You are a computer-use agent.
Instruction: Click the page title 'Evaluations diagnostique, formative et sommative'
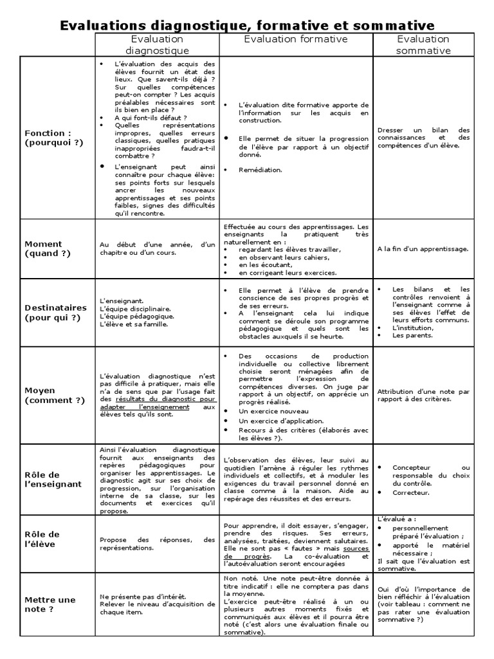click(247, 25)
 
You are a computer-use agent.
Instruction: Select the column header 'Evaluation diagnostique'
click(157, 44)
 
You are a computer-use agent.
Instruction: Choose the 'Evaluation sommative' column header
click(423, 44)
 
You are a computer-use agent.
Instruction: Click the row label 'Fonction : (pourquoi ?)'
click(54, 138)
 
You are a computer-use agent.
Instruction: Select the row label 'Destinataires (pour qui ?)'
click(54, 313)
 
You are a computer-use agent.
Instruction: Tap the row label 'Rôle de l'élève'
click(42, 539)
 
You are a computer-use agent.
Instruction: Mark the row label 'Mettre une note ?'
click(50, 604)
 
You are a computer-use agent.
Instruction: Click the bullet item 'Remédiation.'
click(260, 170)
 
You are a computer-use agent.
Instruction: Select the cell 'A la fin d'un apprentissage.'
click(423, 248)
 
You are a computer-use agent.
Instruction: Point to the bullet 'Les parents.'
click(412, 335)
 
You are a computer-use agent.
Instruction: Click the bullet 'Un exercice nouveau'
click(264, 411)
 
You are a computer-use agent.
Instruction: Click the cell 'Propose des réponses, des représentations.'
click(157, 544)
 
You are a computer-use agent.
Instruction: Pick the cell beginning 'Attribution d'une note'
click(423, 394)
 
